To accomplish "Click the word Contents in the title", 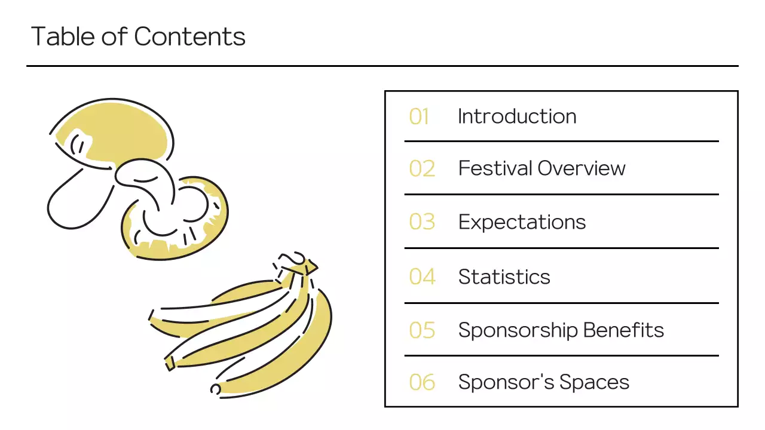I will (x=189, y=37).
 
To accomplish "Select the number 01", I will (x=419, y=116).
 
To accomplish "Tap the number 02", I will (x=422, y=169).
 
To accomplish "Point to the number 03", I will (x=422, y=222).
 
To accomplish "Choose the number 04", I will (x=422, y=277).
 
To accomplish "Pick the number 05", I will (x=422, y=330).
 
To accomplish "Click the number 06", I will (x=422, y=382).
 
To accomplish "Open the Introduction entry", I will (x=517, y=116).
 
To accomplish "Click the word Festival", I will (x=495, y=168).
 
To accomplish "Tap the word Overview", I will (x=581, y=168).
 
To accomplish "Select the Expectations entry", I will (x=522, y=222).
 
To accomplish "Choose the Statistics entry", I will (x=504, y=277).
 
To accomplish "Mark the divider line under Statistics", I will (x=561, y=303).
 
